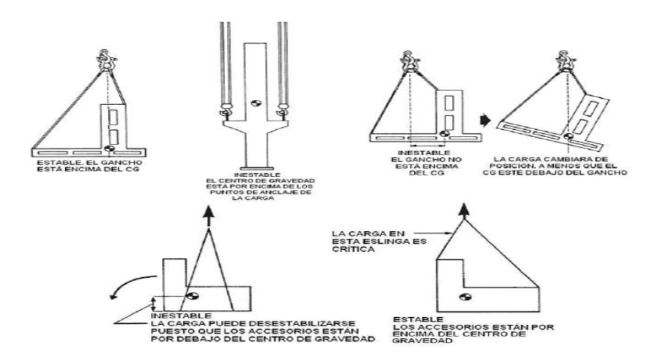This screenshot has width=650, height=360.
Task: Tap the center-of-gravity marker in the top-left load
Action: (109, 149)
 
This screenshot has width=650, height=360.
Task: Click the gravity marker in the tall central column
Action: (255, 103)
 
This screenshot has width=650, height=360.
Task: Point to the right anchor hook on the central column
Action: (283, 111)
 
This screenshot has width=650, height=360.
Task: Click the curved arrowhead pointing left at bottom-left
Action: (113, 295)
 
